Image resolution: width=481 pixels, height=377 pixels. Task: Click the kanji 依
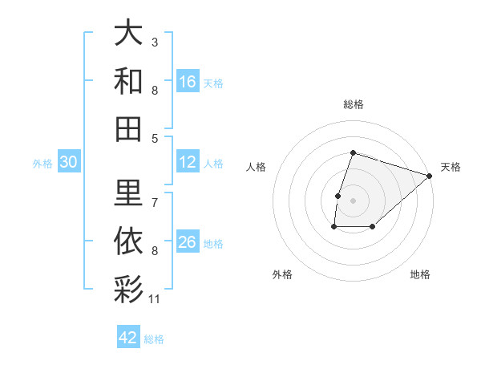tap(128, 238)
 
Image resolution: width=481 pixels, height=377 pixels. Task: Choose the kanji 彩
tap(128, 286)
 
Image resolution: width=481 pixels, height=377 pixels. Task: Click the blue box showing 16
tap(188, 81)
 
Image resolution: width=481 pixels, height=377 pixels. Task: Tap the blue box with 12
tap(188, 162)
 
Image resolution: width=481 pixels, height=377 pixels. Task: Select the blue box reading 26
tap(188, 242)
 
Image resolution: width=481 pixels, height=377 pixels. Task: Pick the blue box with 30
tap(68, 162)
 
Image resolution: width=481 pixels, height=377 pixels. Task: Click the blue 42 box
tap(128, 337)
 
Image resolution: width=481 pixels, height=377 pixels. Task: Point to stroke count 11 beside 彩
tap(155, 299)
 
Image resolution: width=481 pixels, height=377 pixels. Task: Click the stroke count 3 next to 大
tap(155, 42)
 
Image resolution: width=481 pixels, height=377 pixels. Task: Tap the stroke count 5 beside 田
tap(155, 138)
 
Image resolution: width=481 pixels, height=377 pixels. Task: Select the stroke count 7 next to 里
tap(155, 203)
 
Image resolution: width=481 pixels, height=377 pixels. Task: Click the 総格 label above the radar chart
tap(353, 104)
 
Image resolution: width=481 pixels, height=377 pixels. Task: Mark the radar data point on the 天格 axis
tap(430, 176)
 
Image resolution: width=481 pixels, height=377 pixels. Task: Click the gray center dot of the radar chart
tap(353, 201)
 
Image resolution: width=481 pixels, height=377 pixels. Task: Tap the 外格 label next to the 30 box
tap(42, 164)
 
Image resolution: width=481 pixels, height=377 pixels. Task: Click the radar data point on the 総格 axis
tap(353, 152)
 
